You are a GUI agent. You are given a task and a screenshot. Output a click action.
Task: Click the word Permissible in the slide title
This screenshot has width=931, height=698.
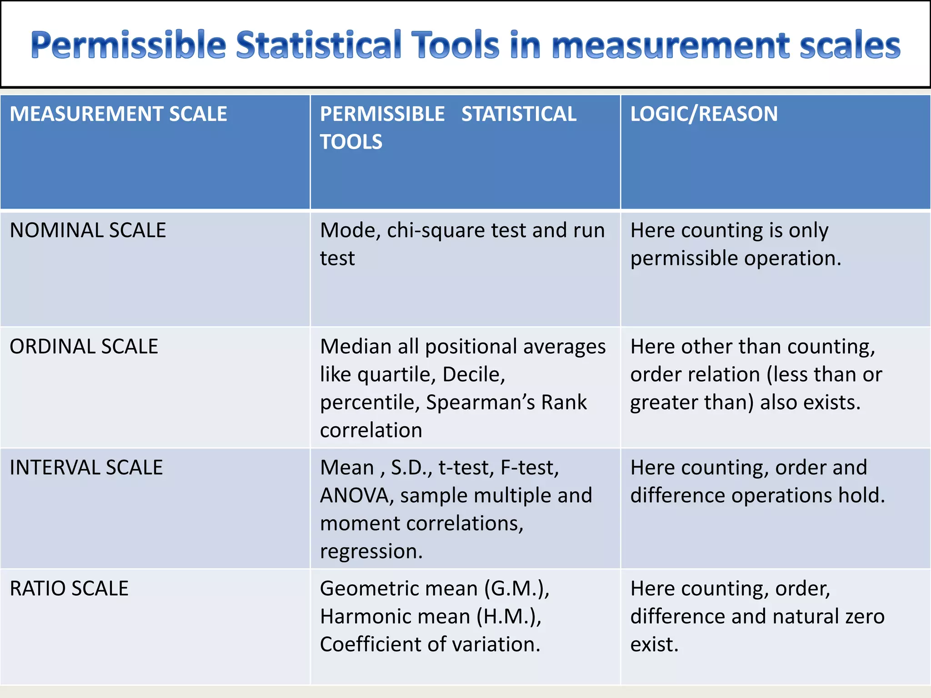tap(129, 45)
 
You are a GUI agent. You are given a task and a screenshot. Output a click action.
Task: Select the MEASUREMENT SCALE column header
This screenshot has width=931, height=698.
tap(118, 114)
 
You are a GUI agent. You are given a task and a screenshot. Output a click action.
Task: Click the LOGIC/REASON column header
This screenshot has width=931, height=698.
tap(704, 114)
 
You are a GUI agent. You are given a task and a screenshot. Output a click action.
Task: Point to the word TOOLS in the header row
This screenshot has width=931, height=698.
tap(351, 142)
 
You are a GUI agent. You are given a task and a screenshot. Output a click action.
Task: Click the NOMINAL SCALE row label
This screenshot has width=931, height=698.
tap(88, 230)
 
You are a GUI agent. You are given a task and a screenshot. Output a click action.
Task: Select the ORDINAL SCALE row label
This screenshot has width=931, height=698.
tap(84, 347)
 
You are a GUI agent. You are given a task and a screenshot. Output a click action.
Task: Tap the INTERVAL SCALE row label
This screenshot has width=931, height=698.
tap(86, 468)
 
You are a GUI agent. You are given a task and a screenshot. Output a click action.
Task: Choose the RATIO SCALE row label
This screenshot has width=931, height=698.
tap(69, 588)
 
